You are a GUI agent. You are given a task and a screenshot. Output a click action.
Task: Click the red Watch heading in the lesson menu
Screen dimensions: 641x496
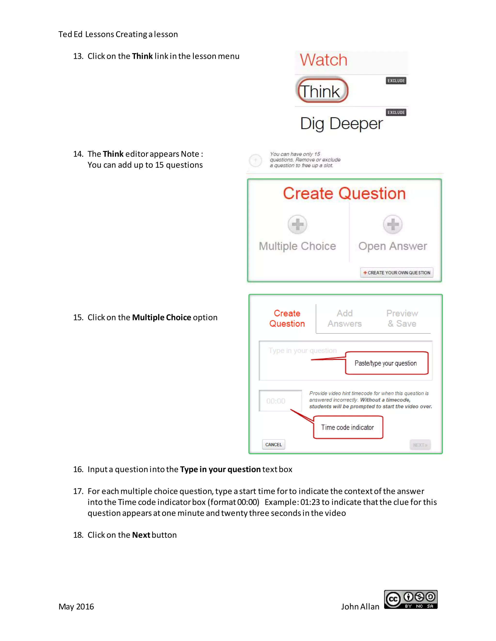tap(323, 60)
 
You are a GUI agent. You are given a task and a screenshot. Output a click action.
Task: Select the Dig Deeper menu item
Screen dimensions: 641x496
tap(341, 124)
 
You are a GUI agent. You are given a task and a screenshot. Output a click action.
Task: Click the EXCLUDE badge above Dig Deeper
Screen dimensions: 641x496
tap(396, 112)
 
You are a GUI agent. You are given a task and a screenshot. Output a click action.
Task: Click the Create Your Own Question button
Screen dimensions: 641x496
tap(396, 273)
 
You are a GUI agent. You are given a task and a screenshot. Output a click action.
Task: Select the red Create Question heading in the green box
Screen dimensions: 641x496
tap(344, 194)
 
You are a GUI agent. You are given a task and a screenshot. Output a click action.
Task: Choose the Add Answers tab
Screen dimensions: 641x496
tap(344, 319)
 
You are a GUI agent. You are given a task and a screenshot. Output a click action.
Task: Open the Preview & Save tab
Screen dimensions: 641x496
tap(402, 319)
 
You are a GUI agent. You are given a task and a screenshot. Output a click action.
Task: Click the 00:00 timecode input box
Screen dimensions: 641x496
tap(280, 401)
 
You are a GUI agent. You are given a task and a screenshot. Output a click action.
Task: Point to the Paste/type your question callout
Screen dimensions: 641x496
tap(386, 363)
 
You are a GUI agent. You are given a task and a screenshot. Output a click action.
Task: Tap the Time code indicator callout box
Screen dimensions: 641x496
tap(348, 427)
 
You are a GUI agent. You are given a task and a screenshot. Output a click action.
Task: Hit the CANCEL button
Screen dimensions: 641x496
tap(273, 445)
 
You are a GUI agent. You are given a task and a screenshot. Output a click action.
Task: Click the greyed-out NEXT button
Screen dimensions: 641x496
tap(420, 445)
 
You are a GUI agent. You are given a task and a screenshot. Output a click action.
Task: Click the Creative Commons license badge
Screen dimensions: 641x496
tap(411, 600)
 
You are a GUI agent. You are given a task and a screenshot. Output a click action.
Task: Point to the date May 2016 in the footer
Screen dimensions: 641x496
tap(76, 607)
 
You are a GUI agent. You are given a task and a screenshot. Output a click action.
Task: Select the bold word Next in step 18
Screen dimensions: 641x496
tap(141, 535)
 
